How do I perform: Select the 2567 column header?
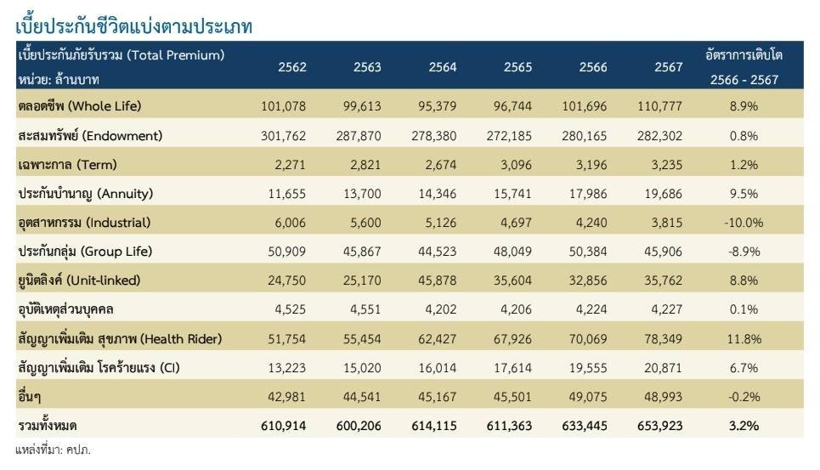pyautogui.click(x=669, y=68)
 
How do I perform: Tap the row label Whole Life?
pyautogui.click(x=79, y=106)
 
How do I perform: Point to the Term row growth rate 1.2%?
pyautogui.click(x=744, y=164)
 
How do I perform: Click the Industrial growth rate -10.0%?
pyautogui.click(x=744, y=223)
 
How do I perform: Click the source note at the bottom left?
pyautogui.click(x=53, y=450)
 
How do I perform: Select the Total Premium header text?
pyautogui.click(x=121, y=55)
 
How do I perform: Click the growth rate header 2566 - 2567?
pyautogui.click(x=744, y=80)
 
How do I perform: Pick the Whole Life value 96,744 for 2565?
pyautogui.click(x=511, y=106)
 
